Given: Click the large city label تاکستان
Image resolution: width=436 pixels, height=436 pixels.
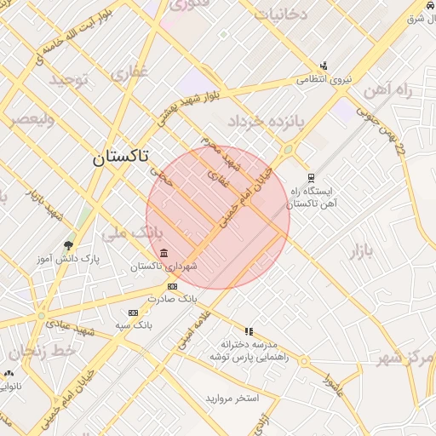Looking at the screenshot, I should [x=119, y=157].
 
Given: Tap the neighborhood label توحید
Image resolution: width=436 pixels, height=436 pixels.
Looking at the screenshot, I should [x=69, y=80].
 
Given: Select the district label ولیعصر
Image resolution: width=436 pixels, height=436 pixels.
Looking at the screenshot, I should [x=32, y=119].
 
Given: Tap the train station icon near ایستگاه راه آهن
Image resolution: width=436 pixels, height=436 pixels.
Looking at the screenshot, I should [x=312, y=178].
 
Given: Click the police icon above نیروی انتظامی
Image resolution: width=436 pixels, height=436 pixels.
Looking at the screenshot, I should [x=324, y=66].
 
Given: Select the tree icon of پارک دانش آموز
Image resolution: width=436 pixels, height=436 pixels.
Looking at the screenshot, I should [x=68, y=245].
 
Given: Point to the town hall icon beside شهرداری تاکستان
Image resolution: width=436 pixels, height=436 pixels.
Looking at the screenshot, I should [x=163, y=253].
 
